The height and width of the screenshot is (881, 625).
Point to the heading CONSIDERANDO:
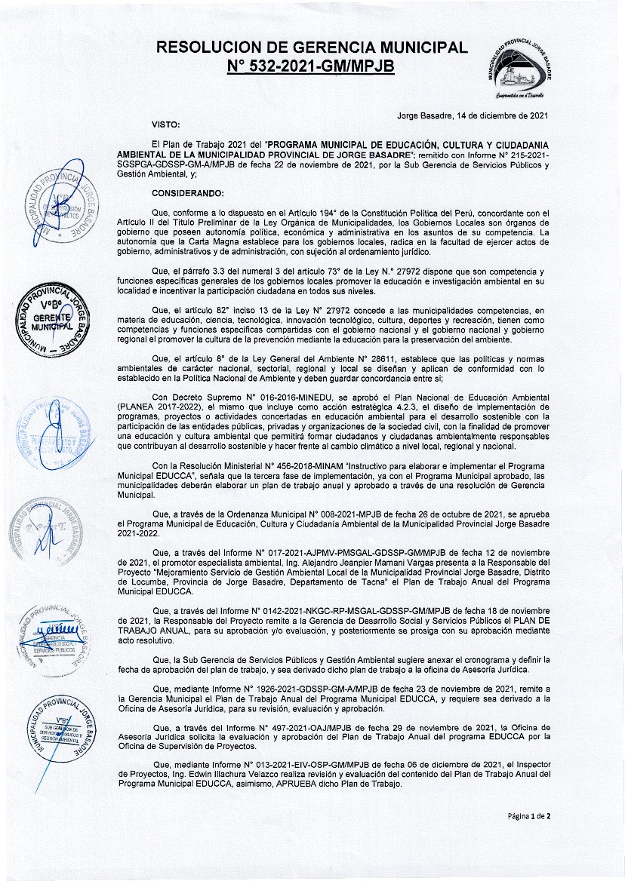tap(183, 193)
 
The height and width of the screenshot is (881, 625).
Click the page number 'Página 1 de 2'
tap(529, 815)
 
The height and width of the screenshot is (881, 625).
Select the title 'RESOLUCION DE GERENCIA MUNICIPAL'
tap(311, 48)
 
